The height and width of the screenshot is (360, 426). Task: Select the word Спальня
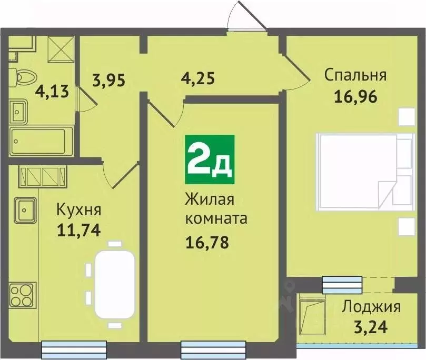[355, 75]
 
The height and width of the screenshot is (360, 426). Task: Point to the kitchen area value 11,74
[78, 229]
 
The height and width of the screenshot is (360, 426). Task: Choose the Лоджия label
[371, 306]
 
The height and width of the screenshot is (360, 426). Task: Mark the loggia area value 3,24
[371, 327]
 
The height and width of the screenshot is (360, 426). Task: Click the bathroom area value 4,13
[52, 93]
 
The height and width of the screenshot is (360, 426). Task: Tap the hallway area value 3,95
[109, 81]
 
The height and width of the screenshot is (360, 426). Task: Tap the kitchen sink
[25, 210]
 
